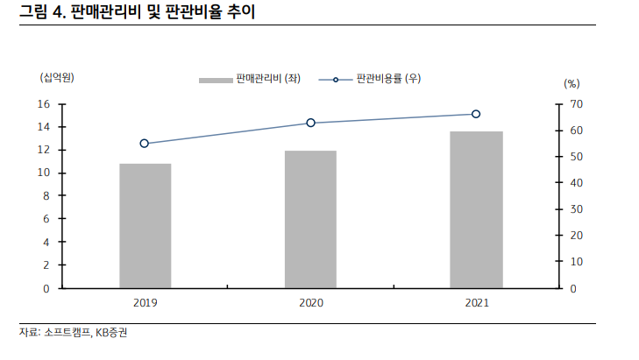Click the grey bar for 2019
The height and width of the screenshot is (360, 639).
click(x=146, y=225)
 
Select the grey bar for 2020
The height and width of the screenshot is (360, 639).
click(x=310, y=219)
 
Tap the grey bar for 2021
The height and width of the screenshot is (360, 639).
click(x=476, y=209)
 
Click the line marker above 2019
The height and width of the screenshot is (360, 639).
click(x=145, y=144)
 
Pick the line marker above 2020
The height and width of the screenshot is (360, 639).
click(x=310, y=123)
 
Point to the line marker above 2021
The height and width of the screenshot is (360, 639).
click(x=476, y=114)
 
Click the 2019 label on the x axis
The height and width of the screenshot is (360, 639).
click(x=146, y=302)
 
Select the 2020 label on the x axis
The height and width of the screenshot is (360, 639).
click(x=310, y=302)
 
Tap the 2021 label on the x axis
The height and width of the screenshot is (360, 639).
click(x=476, y=302)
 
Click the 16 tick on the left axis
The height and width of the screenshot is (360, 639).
click(x=43, y=104)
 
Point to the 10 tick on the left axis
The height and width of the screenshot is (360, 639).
click(x=43, y=173)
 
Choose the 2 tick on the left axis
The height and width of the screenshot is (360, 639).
click(x=46, y=265)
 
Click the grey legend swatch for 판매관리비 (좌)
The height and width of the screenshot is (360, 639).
click(x=215, y=80)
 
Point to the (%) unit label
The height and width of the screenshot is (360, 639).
click(x=572, y=84)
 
